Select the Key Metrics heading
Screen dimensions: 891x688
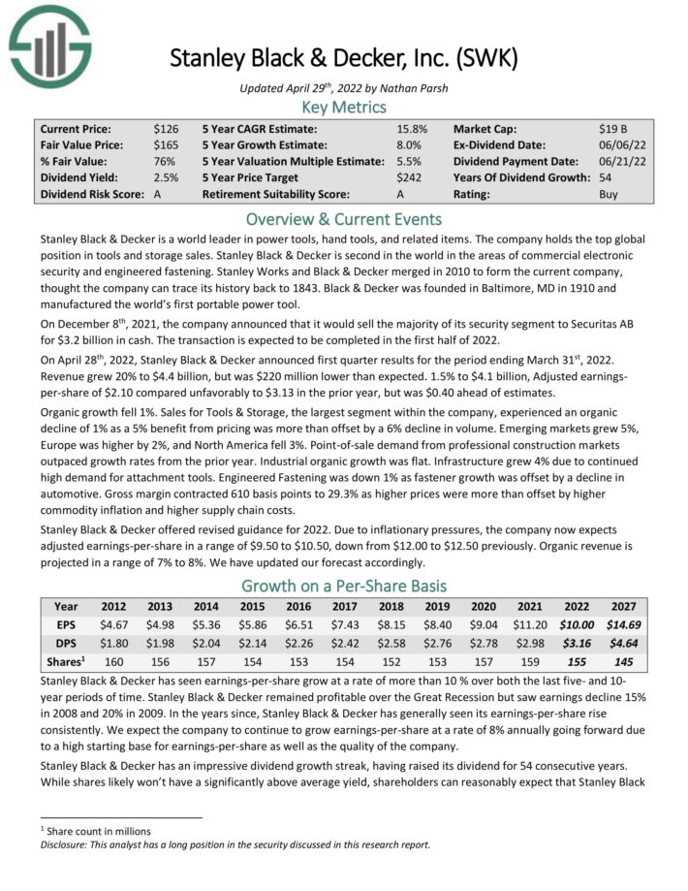click(x=344, y=107)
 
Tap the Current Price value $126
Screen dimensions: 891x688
click(x=166, y=128)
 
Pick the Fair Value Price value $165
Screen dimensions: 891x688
click(x=166, y=144)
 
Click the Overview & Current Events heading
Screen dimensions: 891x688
click(x=344, y=219)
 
